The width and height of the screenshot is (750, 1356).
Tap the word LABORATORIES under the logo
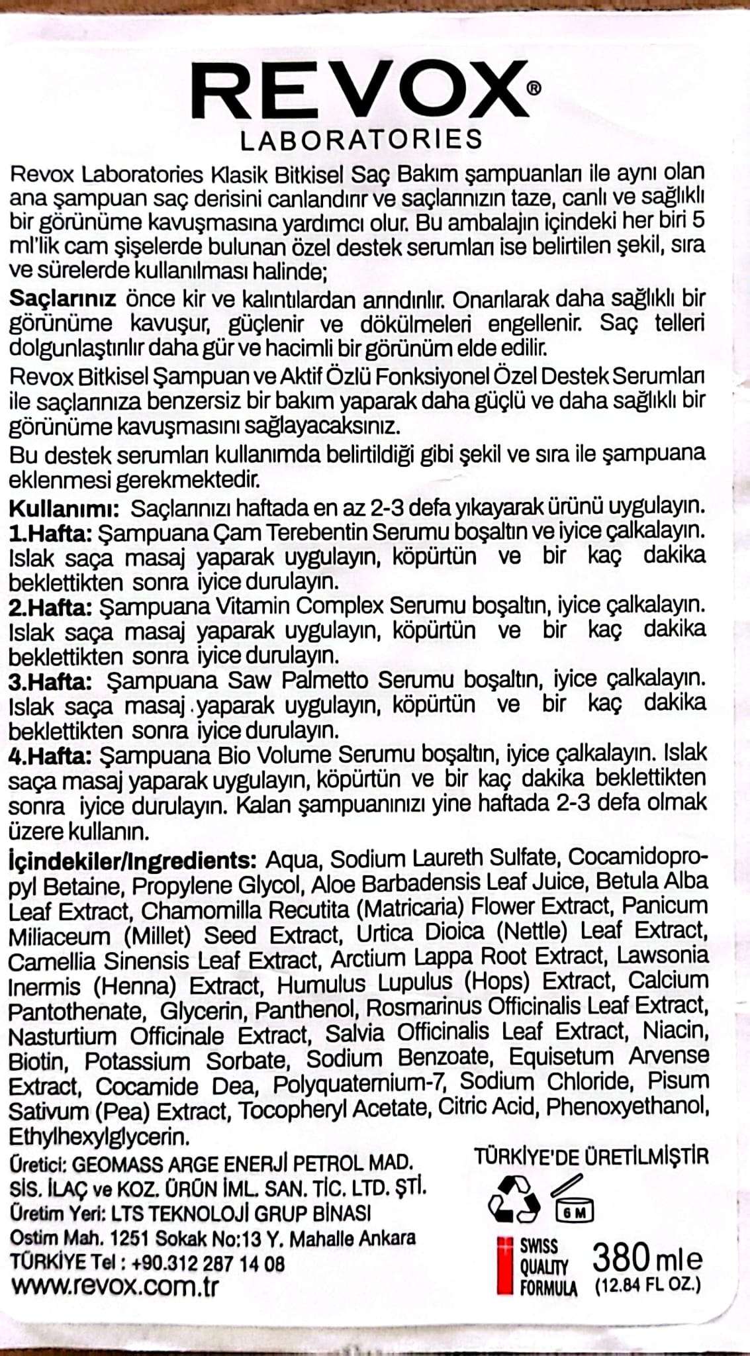pos(361,140)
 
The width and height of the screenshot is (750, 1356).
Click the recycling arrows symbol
pos(514,1199)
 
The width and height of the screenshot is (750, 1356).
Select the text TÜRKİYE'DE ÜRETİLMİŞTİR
pos(590,1157)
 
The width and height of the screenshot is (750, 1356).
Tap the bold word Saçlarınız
pos(63,299)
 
